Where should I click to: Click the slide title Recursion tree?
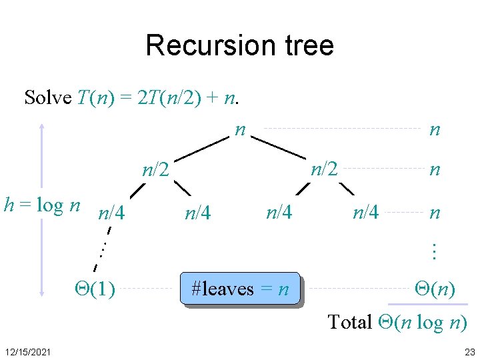pyautogui.click(x=239, y=45)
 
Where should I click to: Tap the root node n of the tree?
pyautogui.click(x=240, y=129)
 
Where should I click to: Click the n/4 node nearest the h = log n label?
pyautogui.click(x=111, y=214)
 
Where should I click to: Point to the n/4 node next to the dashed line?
pyautogui.click(x=365, y=213)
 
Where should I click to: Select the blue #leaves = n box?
pyautogui.click(x=240, y=289)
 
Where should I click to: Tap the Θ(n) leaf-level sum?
pyautogui.click(x=435, y=289)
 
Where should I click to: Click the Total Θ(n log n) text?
pyautogui.click(x=397, y=322)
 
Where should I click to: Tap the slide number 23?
pyautogui.click(x=469, y=351)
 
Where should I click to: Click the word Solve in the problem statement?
pyautogui.click(x=48, y=97)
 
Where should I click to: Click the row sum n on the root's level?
pyautogui.click(x=435, y=129)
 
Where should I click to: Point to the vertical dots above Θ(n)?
pyautogui.click(x=433, y=251)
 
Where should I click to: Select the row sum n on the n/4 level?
pyautogui.click(x=435, y=213)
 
